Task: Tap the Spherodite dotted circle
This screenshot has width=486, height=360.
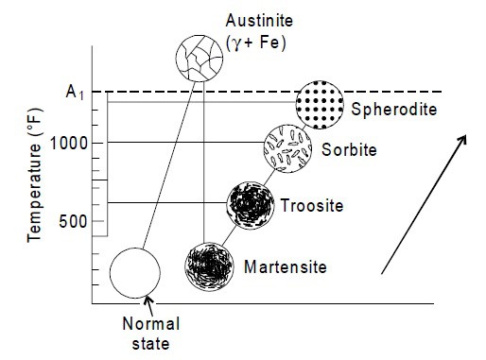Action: [x=319, y=103]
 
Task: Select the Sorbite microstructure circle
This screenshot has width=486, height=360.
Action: [x=286, y=147]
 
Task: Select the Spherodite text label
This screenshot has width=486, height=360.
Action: [x=393, y=109]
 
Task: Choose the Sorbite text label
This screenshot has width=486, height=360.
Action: [x=349, y=150]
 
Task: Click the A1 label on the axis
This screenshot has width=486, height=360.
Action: [x=76, y=93]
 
